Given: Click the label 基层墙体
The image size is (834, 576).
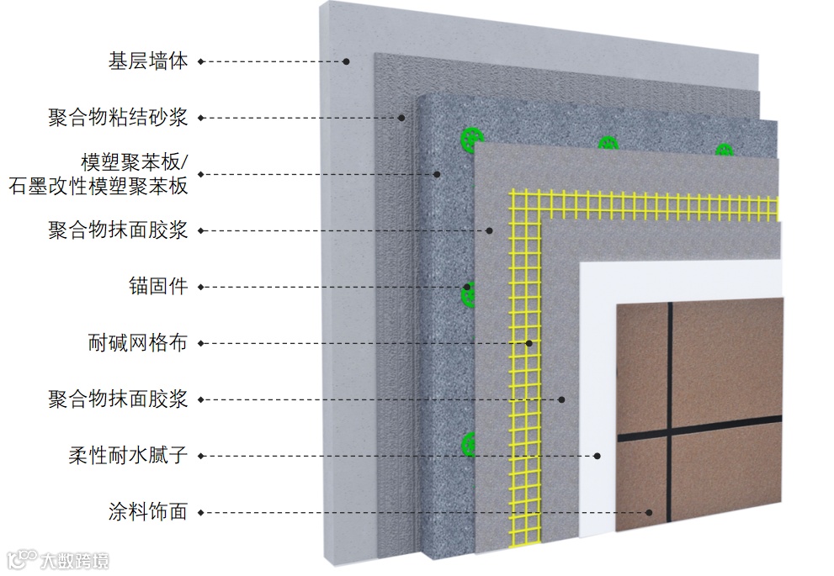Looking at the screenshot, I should click(x=147, y=61).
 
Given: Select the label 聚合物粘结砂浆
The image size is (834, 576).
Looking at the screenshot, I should click(x=117, y=117).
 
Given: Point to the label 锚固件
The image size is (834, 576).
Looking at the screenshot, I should click(x=167, y=287).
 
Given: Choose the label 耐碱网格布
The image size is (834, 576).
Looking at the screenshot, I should click(x=137, y=343).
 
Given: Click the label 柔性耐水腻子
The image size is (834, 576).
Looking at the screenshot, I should click(x=127, y=456).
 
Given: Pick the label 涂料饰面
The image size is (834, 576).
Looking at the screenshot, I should click(x=147, y=511).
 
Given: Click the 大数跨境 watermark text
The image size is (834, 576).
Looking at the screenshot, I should click(x=75, y=559).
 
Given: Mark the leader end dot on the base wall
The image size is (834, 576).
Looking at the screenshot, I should click(x=346, y=61).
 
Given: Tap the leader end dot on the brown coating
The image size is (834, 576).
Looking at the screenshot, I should click(x=650, y=511).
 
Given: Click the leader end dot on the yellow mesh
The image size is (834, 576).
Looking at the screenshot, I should click(x=529, y=343).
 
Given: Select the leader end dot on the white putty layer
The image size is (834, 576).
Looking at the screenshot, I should click(x=598, y=456).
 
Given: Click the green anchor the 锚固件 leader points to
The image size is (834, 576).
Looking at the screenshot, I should click(x=468, y=291).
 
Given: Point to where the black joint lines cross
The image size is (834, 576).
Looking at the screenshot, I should click(x=670, y=435).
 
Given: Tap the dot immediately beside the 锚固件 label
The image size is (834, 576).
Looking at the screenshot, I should click(x=201, y=287).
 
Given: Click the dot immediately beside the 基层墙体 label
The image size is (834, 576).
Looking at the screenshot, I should click(x=201, y=61).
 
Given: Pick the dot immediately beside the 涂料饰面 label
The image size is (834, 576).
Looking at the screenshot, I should click(x=201, y=511).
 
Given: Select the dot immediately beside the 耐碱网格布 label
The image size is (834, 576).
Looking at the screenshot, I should click(x=201, y=343).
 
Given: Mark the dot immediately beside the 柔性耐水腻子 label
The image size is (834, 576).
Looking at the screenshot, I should click(x=201, y=456).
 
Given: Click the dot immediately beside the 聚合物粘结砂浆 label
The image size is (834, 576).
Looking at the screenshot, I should click(x=201, y=117).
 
